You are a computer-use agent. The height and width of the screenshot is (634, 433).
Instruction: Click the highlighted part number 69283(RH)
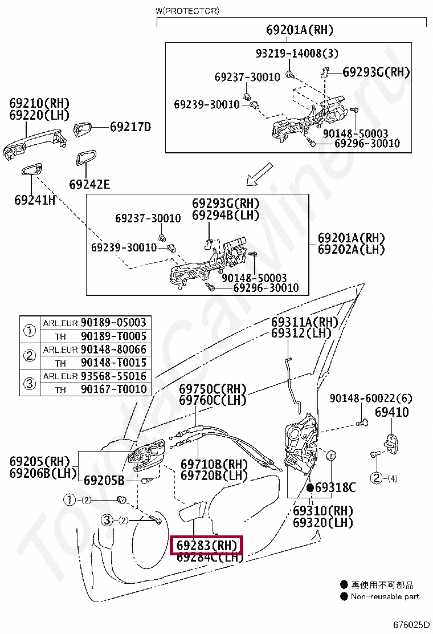tap(207, 546)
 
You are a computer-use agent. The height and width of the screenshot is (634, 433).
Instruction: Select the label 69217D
tap(130, 127)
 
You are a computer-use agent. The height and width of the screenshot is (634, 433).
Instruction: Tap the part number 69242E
tap(89, 184)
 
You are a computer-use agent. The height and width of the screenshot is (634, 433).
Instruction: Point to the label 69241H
tap(35, 200)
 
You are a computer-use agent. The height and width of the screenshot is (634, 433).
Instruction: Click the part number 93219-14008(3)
tap(297, 54)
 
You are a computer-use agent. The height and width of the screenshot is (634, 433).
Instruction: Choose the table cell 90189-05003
tap(113, 323)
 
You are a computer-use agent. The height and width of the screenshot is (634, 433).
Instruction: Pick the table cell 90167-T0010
tap(113, 389)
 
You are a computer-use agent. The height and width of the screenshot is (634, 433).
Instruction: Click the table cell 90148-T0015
tap(113, 363)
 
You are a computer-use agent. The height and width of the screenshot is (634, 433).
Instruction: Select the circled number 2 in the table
tap(29, 356)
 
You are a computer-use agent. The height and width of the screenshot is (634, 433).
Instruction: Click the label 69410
tap(391, 412)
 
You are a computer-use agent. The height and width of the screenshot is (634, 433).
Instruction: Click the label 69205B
tap(104, 480)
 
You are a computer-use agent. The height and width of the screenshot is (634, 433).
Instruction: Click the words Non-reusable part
tap(385, 596)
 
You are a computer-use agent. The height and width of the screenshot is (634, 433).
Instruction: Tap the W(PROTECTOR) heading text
tap(187, 11)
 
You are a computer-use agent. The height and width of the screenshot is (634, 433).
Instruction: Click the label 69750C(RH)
tap(213, 389)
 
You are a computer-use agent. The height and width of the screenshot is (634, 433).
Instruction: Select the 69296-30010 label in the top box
tap(367, 144)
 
